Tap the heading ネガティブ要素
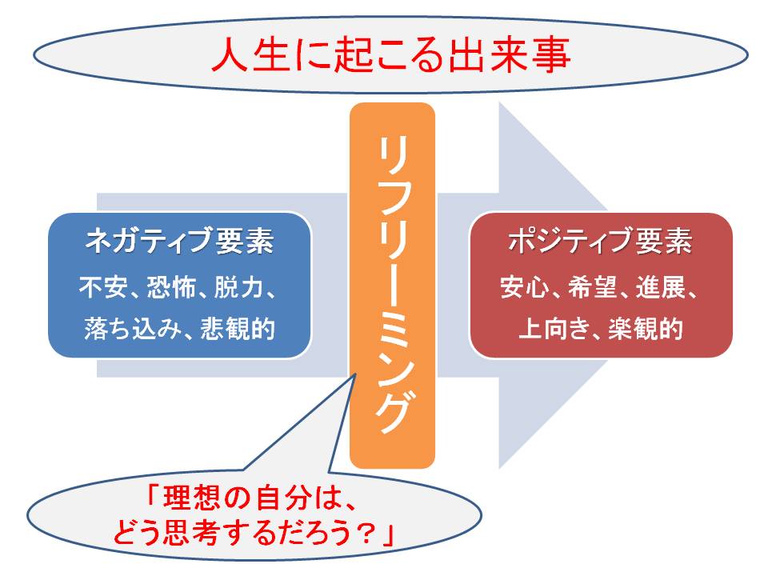(179, 241)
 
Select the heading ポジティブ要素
(601, 241)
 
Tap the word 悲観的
(238, 328)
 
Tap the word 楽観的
(646, 328)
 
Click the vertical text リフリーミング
(393, 285)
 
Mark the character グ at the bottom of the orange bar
(393, 411)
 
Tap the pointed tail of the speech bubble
(354, 375)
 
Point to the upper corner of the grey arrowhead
(499, 102)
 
